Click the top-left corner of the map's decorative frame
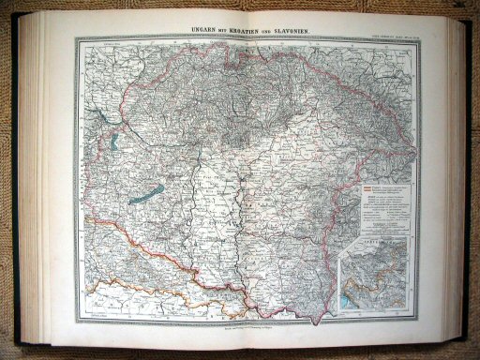tap(77, 39)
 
